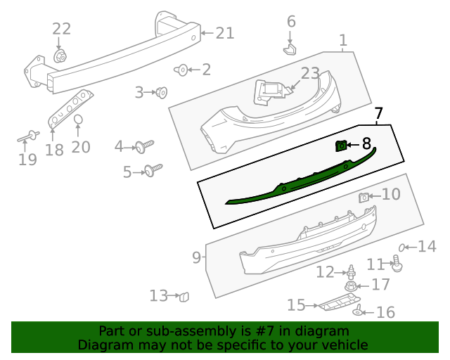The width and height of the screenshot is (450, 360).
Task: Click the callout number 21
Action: point(224,32)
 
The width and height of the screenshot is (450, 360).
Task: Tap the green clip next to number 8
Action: point(341,146)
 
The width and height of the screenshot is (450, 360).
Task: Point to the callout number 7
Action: point(378,112)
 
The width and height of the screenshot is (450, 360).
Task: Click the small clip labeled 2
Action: point(181,70)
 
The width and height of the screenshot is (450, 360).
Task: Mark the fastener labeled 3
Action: point(162,91)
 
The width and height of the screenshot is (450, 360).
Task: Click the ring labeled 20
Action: point(79,120)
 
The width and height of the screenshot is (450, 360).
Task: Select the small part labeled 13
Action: point(185,296)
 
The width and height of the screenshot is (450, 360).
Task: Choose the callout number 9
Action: point(196,258)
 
